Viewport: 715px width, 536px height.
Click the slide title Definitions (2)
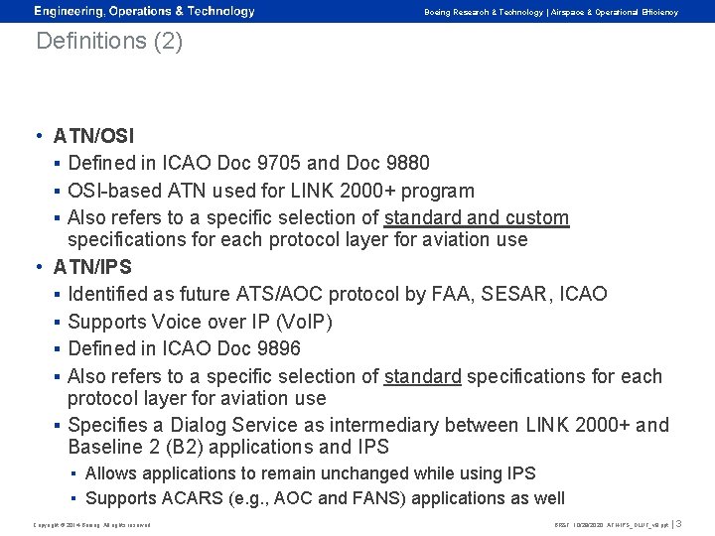pyautogui.click(x=109, y=43)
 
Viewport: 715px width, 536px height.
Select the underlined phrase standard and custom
pyautogui.click(x=477, y=217)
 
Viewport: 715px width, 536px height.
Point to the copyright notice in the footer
pyautogui.click(x=91, y=524)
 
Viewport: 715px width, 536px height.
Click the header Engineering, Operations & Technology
pyautogui.click(x=144, y=12)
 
